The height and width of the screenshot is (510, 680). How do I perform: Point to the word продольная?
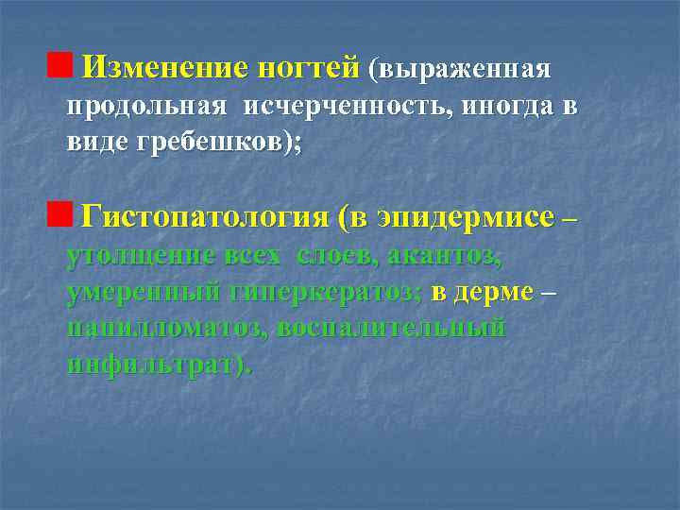coord(146,106)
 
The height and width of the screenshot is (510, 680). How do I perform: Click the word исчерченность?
coord(348,106)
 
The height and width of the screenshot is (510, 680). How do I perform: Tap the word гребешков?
coord(218,143)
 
